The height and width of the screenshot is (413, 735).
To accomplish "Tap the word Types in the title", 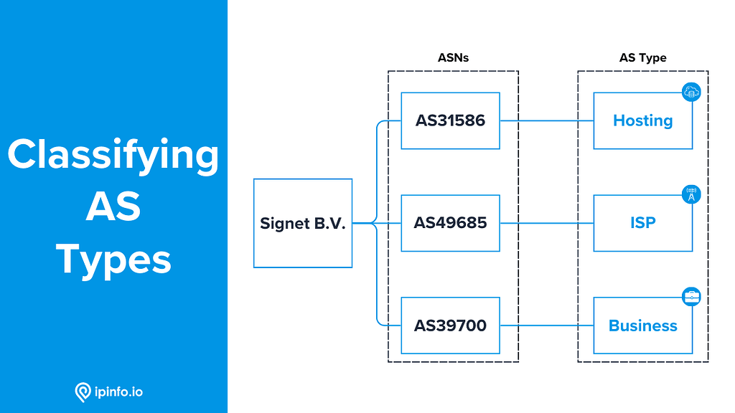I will tap(113, 260).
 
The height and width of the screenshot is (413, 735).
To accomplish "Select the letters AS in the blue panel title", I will tap(113, 208).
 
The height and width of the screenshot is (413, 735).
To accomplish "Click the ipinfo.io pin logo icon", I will tap(83, 392).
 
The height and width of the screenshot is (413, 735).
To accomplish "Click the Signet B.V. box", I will tap(303, 224).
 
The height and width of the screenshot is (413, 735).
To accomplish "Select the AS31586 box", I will tap(450, 120).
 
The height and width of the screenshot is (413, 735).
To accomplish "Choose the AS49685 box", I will tap(450, 223).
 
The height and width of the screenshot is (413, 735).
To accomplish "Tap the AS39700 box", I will tap(450, 326).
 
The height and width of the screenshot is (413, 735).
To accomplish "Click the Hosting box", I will tap(642, 120).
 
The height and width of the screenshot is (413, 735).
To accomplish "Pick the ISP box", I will tap(642, 223).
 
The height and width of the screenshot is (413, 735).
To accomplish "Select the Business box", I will tap(642, 326).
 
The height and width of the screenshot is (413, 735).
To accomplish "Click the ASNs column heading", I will tap(453, 57).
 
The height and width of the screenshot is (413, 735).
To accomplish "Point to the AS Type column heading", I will tap(642, 57).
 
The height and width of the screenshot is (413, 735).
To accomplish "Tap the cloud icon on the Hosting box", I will tap(691, 92).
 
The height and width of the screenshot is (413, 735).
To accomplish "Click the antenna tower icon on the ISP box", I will tap(691, 194).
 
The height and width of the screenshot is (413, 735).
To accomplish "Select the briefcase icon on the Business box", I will tap(691, 297).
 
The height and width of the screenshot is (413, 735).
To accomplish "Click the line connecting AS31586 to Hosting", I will tap(546, 120).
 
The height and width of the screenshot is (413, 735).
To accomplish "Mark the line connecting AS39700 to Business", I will tap(546, 326).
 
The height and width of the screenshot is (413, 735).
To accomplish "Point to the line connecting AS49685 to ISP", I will tap(546, 223).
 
